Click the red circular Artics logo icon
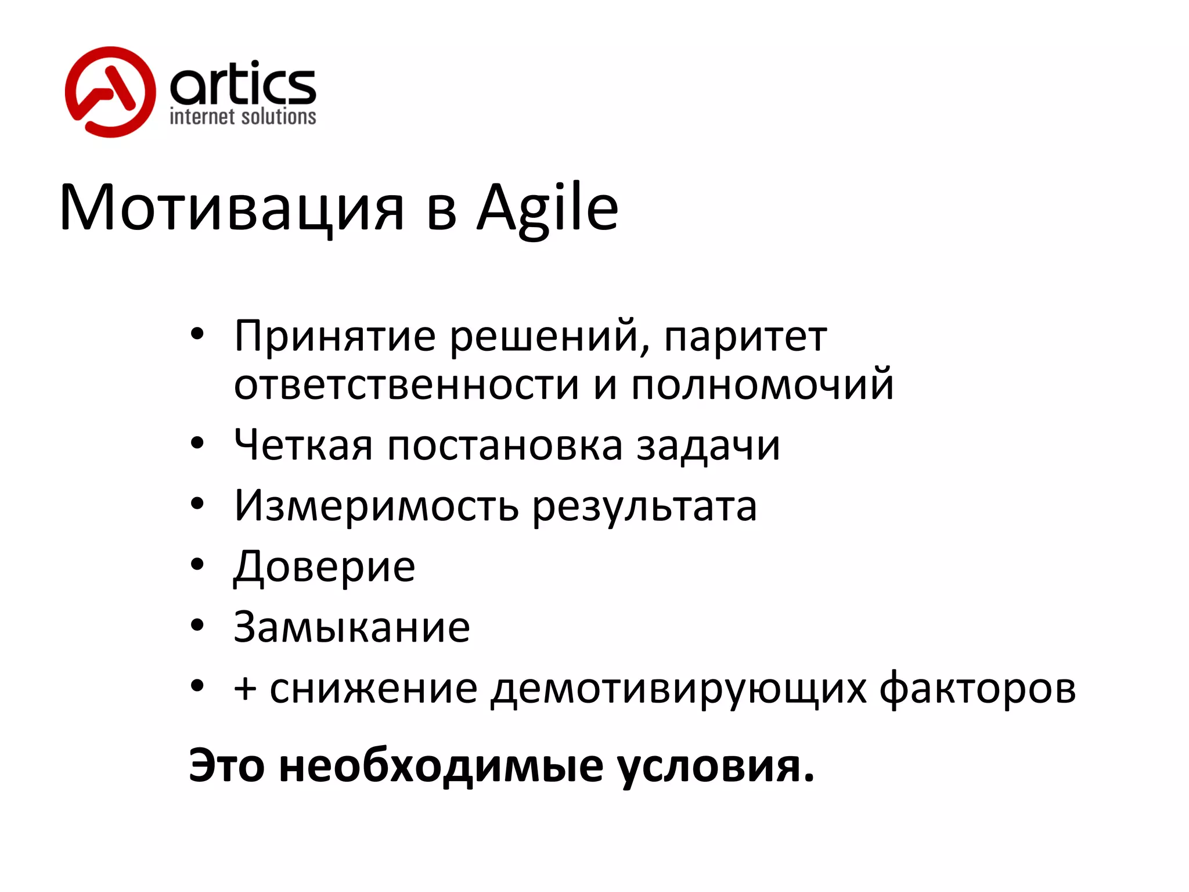pos(110,92)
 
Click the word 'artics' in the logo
pos(243,84)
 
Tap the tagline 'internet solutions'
pos(243,117)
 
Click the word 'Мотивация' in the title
pos(231,208)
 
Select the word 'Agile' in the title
pos(547,208)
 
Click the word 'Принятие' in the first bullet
pos(334,336)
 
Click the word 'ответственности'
pos(406,385)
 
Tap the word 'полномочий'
pos(762,385)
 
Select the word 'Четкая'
pos(302,445)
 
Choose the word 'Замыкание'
pos(351,627)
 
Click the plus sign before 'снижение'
pos(245,689)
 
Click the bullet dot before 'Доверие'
pos(197,564)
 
